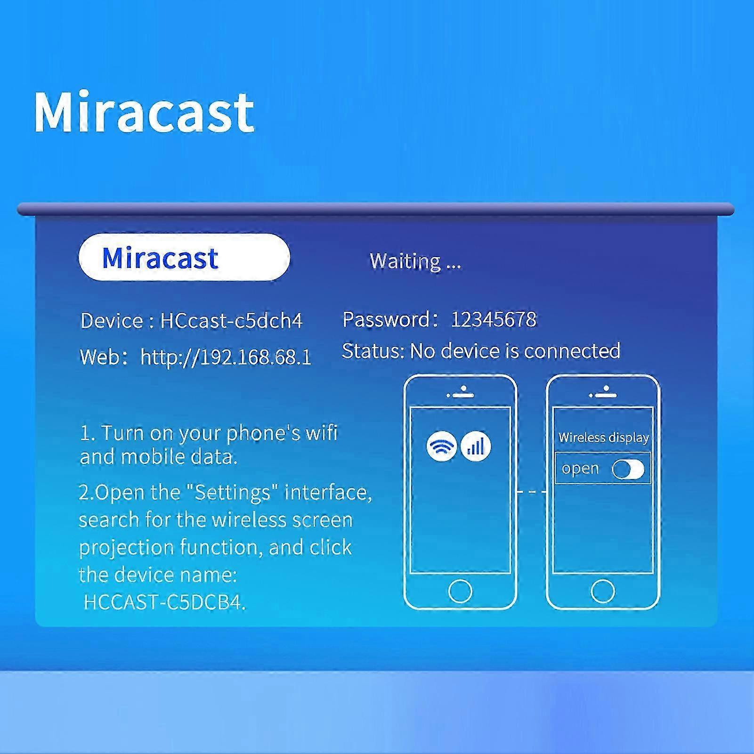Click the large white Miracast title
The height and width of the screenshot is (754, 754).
tap(144, 112)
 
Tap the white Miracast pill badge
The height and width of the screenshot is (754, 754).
tap(184, 257)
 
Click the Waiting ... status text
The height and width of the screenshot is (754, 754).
tap(415, 261)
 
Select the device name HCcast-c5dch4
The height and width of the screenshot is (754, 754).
tap(231, 321)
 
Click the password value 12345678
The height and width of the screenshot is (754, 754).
tap(494, 319)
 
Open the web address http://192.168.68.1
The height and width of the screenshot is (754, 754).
tap(226, 357)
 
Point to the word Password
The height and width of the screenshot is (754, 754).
tap(386, 319)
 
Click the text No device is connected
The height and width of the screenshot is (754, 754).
tap(515, 351)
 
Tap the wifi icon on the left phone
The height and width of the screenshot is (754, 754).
tap(441, 446)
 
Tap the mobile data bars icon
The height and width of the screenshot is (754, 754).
tap(476, 446)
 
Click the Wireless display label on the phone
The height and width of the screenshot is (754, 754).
tap(604, 438)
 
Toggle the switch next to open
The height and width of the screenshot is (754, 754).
tap(628, 469)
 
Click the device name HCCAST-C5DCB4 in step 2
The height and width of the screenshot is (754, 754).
tap(164, 602)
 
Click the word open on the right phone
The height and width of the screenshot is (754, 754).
tap(580, 469)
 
